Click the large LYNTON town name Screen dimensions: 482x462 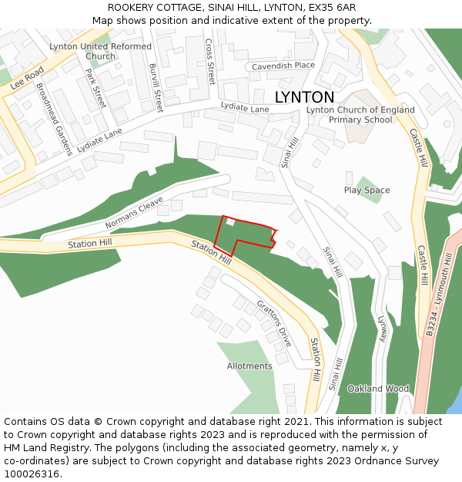tap(304, 97)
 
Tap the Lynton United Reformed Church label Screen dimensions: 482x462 tap(100, 51)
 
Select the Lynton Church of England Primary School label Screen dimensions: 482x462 tap(360, 115)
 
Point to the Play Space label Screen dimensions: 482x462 tap(367, 190)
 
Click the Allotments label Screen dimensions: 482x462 tap(249, 366)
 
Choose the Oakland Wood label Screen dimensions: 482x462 tap(378, 389)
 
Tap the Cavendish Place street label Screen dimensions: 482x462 tap(283, 66)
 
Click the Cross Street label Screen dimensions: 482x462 tap(210, 61)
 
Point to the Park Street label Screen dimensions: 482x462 tap(95, 89)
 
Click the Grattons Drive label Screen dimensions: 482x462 tap(274, 322)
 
